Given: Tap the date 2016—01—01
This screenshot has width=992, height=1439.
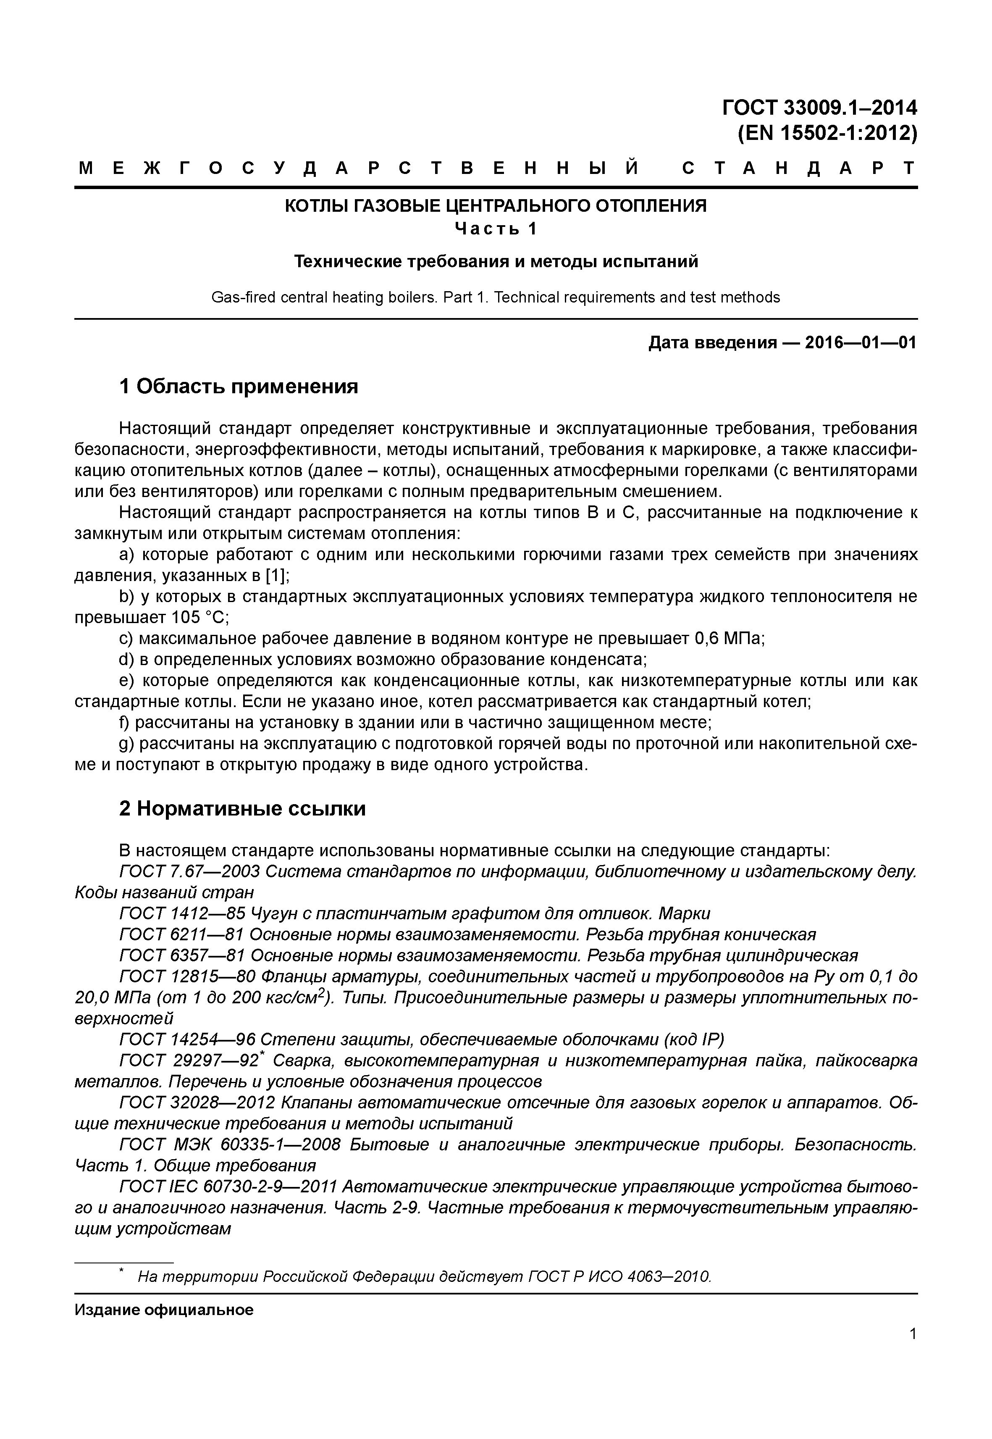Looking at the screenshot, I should tap(861, 343).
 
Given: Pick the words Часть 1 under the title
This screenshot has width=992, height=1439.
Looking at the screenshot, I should tap(496, 229).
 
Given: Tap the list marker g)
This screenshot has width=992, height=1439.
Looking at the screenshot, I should tap(126, 744).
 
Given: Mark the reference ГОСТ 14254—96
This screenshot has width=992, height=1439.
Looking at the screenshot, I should tap(186, 1040).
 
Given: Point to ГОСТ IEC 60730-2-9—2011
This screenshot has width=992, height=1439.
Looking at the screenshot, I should tap(227, 1187).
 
